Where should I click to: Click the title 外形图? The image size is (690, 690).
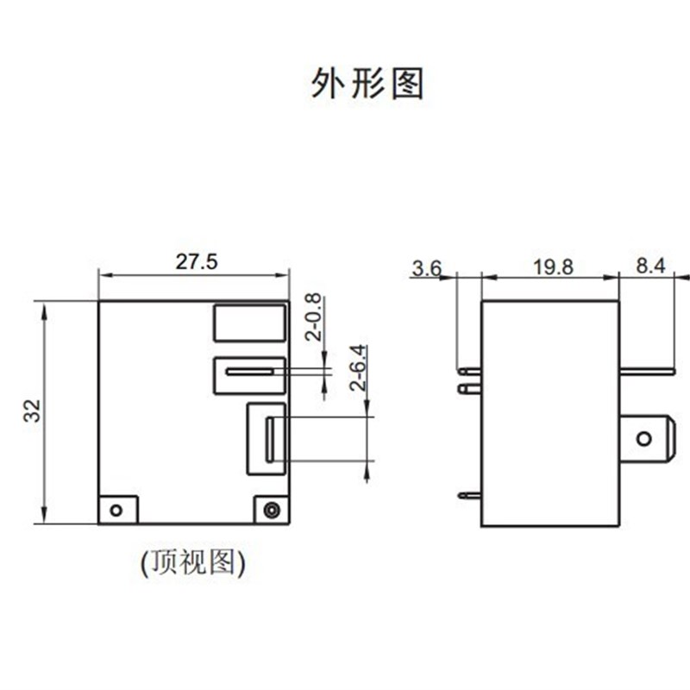click(x=367, y=84)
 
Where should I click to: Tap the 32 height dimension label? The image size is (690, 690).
click(x=33, y=411)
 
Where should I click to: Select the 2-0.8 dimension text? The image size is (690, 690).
click(x=313, y=317)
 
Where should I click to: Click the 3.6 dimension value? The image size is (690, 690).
click(x=426, y=267)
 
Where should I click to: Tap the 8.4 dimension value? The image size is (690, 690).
click(x=650, y=267)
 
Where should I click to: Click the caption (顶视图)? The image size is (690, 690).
click(x=193, y=562)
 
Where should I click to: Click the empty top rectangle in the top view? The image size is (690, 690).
click(x=249, y=323)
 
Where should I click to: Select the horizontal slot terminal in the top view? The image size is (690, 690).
click(x=249, y=373)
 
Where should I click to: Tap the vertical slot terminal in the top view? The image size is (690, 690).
click(x=269, y=439)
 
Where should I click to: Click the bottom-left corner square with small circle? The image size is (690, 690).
click(x=117, y=509)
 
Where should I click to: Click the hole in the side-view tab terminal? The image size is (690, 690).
click(x=643, y=439)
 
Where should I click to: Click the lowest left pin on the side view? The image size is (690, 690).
click(x=469, y=496)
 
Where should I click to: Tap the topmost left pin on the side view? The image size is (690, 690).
click(x=469, y=372)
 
